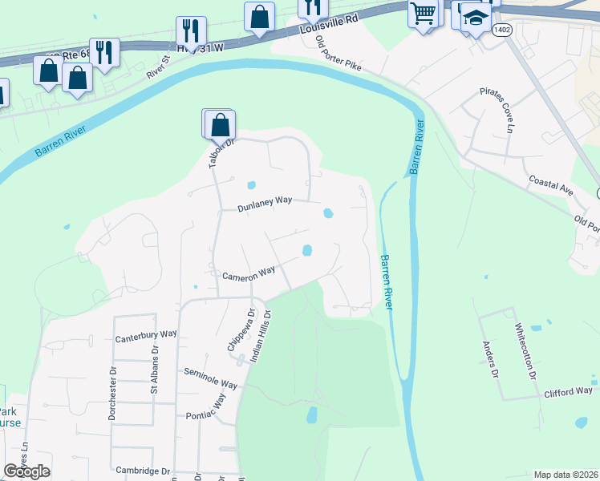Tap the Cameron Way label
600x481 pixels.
point(249,275)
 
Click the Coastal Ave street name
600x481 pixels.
point(550,187)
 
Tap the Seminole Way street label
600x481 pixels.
point(210,378)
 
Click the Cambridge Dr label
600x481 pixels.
point(143,471)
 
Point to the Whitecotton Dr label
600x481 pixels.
point(529,350)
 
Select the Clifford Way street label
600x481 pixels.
point(567,392)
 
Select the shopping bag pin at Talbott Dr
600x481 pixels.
point(220,125)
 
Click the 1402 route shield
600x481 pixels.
point(503,30)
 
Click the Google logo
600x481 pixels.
point(27,471)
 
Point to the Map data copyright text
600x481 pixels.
point(566,475)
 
